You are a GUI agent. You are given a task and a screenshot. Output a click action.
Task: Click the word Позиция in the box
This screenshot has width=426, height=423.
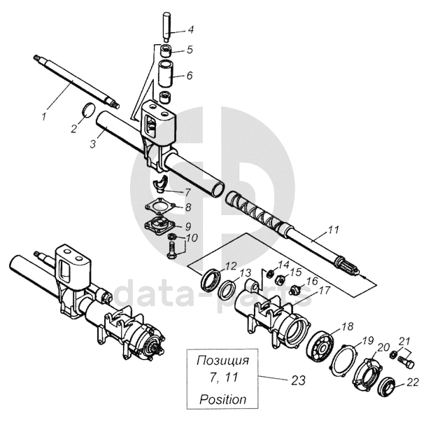[x=222, y=362]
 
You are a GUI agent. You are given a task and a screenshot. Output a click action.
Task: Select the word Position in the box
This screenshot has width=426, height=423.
[x=222, y=400]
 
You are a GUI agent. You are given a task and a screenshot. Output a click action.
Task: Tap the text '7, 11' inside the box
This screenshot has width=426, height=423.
[x=222, y=381]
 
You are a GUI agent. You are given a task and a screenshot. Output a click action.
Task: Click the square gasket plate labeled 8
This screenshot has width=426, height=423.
[x=162, y=207]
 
